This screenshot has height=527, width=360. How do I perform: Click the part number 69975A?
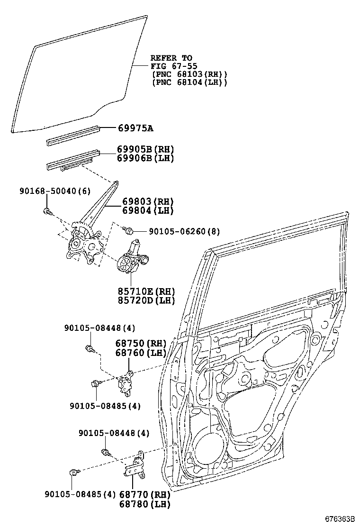(x=135, y=128)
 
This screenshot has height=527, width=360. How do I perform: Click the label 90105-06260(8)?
(x=184, y=231)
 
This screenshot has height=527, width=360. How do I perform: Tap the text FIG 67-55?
(x=174, y=66)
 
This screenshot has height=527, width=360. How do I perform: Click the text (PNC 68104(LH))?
(x=189, y=82)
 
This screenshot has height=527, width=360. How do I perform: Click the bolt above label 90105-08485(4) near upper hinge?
(x=96, y=383)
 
